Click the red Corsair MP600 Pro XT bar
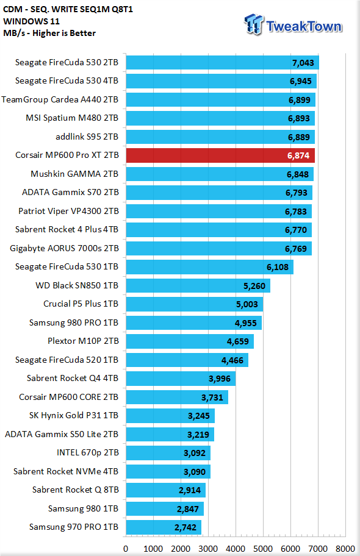[220, 155]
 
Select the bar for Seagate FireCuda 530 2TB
[223, 62]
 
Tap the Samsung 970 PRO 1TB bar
[164, 527]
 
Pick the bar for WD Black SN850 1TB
[198, 285]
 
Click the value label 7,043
[303, 63]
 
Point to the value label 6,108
[278, 267]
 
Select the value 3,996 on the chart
[220, 379]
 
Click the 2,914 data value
[190, 490]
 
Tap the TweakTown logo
[293, 25]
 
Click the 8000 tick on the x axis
[345, 549]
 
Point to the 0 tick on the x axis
[126, 549]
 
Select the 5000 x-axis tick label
[263, 549]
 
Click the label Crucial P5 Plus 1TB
[81, 304]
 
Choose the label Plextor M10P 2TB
[83, 341]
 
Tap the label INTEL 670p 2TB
[88, 452]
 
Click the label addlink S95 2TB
[87, 137]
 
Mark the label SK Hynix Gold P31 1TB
[73, 415]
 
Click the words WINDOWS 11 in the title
[31, 21]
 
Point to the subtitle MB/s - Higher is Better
[49, 33]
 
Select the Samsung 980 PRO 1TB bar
[194, 323]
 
